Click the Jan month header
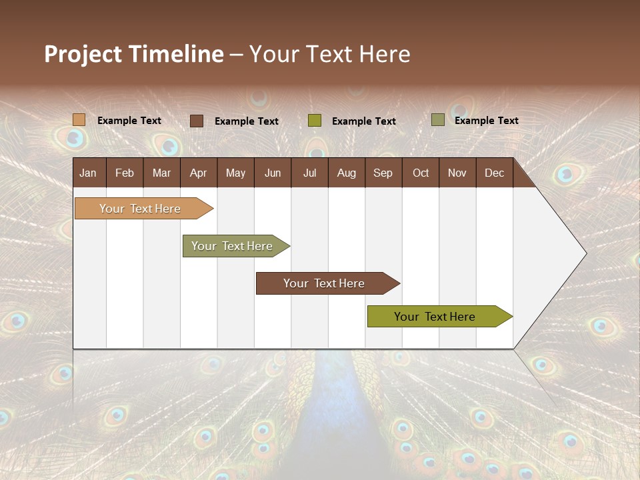click(x=89, y=173)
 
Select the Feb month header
click(x=125, y=173)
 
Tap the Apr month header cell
click(x=199, y=173)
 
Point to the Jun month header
click(x=273, y=173)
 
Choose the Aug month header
click(x=347, y=173)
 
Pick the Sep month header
click(x=383, y=173)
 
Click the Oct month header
click(x=421, y=173)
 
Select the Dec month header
click(x=495, y=173)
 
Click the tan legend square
click(x=79, y=120)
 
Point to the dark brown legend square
click(x=197, y=121)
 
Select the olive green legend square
click(x=315, y=121)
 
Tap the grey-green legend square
click(x=438, y=120)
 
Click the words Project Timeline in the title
click(x=133, y=54)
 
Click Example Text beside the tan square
click(x=129, y=121)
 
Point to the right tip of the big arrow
click(x=585, y=253)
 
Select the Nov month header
click(x=457, y=173)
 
